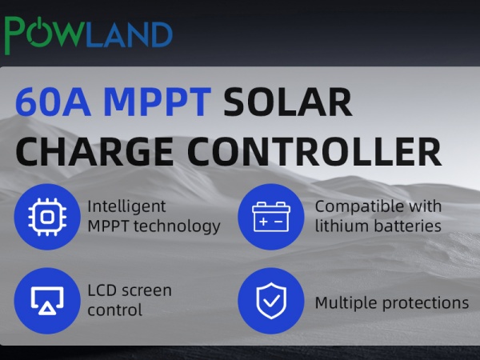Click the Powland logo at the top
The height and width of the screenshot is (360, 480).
point(88,34)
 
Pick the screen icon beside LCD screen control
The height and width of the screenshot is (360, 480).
point(47,300)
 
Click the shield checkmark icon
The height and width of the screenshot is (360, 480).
point(271,300)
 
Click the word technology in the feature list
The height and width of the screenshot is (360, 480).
point(177,226)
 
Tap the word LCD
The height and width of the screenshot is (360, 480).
point(102,290)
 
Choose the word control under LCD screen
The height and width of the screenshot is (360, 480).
point(114,310)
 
